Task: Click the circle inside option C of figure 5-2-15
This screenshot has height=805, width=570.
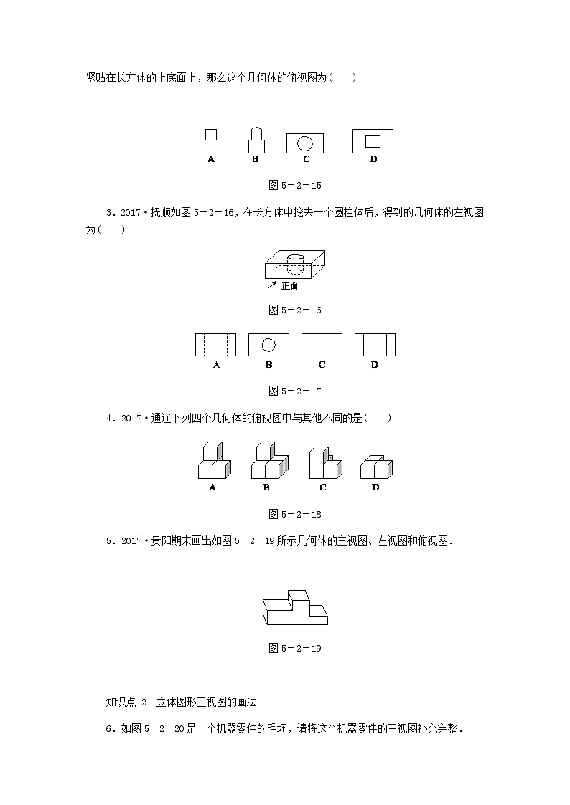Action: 304,142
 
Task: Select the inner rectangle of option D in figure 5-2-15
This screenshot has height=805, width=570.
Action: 373,140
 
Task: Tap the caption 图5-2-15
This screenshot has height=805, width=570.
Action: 294,185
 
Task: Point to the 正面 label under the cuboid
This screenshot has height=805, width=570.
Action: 289,286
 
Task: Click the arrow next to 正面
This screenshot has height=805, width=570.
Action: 272,285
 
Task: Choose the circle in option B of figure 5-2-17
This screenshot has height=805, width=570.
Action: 268,345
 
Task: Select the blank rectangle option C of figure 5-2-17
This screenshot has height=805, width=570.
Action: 322,345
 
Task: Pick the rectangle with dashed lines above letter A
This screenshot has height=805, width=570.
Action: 215,345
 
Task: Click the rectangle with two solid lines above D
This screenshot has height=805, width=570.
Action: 375,345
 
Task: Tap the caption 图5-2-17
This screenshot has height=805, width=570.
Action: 294,391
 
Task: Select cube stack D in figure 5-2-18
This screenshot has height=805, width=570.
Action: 375,467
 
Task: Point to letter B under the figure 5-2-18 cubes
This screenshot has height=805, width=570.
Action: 266,487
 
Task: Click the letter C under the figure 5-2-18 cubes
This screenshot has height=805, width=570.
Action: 323,487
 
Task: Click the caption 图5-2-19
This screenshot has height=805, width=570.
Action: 294,648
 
